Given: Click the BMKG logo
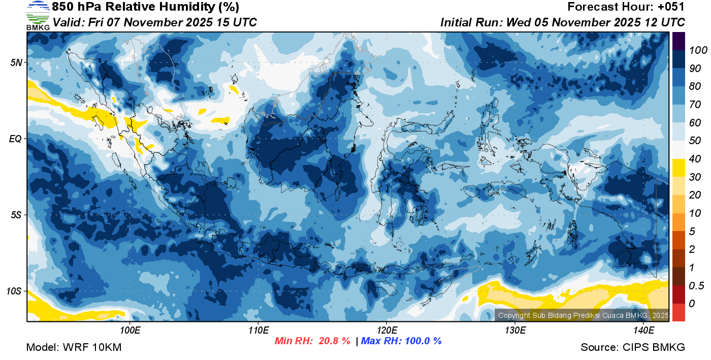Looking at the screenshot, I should click(38, 15).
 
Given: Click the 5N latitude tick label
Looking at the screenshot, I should click(16, 62).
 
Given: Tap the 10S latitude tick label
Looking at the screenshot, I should click(14, 291).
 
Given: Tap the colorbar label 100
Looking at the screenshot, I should click(694, 50).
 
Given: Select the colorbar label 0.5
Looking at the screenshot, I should click(694, 286).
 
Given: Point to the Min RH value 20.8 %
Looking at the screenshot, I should click(334, 341).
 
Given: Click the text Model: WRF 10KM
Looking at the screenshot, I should click(74, 348).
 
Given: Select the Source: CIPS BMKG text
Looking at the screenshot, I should click(633, 348).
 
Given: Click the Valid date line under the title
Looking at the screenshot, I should click(154, 22).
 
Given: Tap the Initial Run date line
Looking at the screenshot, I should click(563, 22).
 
